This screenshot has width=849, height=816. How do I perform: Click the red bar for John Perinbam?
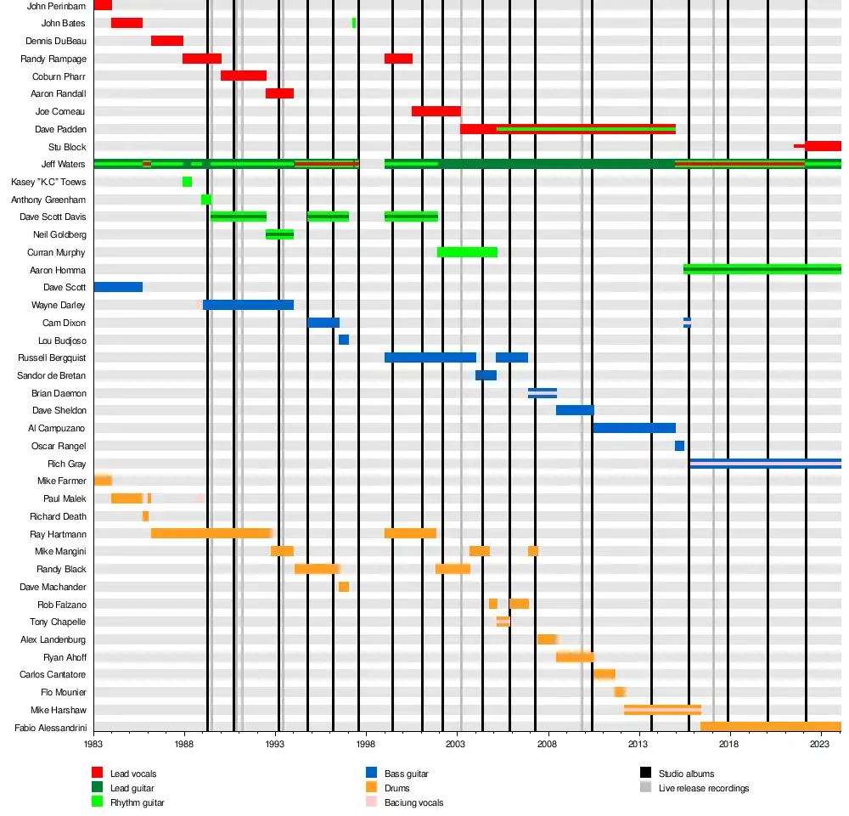coord(103,5)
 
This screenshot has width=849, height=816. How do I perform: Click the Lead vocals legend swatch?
coord(97,774)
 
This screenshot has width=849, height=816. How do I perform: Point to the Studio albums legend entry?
coord(686,774)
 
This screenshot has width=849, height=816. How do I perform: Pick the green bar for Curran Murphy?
coord(467,252)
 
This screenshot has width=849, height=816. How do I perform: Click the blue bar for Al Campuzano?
coord(634,428)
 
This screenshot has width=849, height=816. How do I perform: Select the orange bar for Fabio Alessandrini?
coord(770,727)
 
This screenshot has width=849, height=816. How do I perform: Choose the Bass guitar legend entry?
coord(406,774)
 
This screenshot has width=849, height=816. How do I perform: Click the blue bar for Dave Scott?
coord(118,287)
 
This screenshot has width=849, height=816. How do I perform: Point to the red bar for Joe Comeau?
coord(436,111)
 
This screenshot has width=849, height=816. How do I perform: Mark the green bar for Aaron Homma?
coord(762,269)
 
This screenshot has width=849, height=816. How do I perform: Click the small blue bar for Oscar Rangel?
coord(679,446)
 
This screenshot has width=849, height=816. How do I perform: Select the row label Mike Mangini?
coord(60,551)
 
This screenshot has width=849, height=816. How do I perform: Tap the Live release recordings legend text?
coord(704,788)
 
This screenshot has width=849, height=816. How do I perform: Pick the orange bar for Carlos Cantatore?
coord(604,674)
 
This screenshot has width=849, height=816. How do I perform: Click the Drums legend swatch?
coord(371,788)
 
